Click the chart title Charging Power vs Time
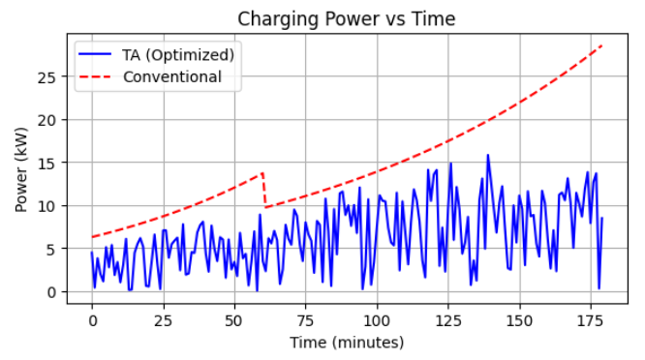[x=346, y=18]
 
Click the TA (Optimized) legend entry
[x=177, y=54]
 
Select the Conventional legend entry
[x=171, y=76]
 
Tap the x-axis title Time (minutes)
[x=346, y=342]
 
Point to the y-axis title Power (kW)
[x=21, y=167]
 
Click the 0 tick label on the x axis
[x=92, y=318]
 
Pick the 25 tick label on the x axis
[x=164, y=318]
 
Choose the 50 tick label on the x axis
[x=234, y=318]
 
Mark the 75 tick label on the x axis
[x=306, y=318]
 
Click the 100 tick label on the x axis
[x=377, y=318]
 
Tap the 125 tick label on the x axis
[x=448, y=318]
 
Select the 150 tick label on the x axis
[x=520, y=318]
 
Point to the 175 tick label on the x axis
[x=591, y=318]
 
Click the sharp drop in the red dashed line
[x=264, y=191]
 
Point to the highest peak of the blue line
[x=488, y=155]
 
